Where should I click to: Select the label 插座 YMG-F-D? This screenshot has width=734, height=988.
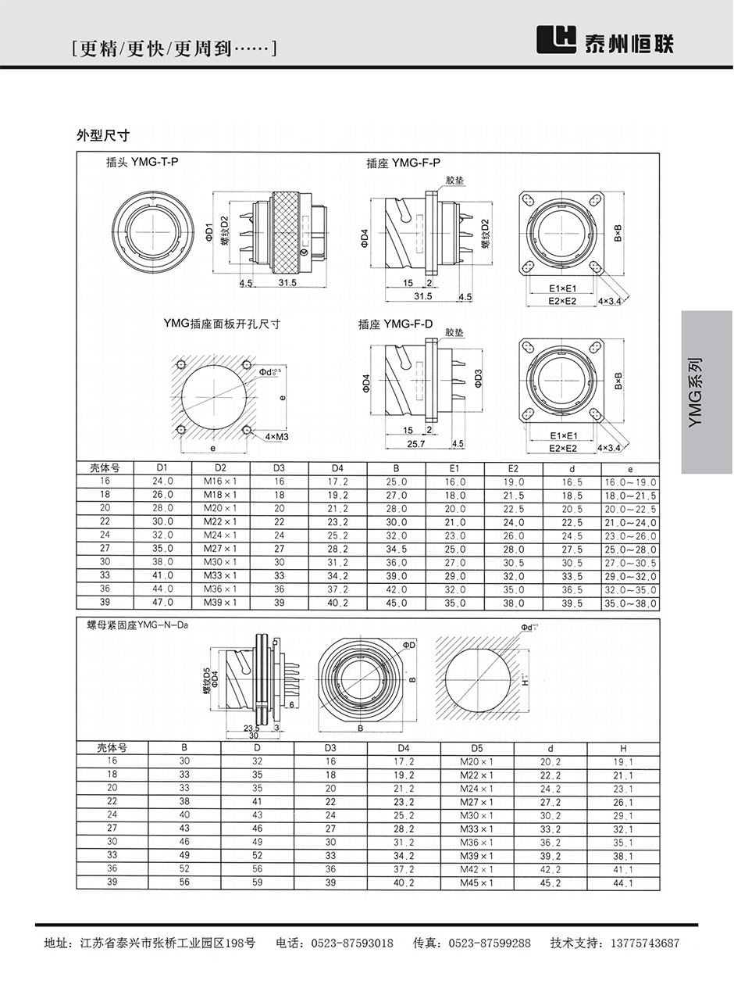pos(395,324)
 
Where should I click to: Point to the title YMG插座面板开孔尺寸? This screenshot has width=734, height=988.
pos(222,323)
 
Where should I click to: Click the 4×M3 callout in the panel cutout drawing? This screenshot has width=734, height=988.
pos(276,435)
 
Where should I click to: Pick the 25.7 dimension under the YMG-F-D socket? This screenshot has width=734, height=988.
pos(416,444)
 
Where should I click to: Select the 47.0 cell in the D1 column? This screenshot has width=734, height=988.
pos(163,603)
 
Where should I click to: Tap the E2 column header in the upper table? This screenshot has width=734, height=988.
pos(514,468)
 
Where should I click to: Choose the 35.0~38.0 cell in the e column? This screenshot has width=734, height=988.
pos(631,603)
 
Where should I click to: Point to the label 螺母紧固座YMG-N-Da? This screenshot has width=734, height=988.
pos(138,625)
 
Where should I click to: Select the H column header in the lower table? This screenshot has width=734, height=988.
pos(623,747)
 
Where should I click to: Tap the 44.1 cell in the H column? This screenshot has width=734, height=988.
pos(623,883)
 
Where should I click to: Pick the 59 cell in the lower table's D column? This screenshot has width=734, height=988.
pos(258,883)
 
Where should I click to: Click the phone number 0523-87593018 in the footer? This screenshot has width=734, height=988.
pos(353,943)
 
